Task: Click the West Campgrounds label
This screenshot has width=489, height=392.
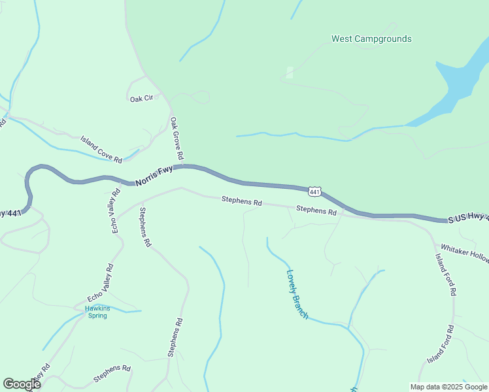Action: [x=371, y=39]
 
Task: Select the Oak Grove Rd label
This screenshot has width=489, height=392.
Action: [x=177, y=139]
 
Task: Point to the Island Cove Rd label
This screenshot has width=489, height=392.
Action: [x=101, y=150]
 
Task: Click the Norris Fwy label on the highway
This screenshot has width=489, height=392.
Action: [x=154, y=176]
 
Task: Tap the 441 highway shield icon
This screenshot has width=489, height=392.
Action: [x=314, y=191]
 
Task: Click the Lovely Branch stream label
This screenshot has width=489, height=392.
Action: [x=297, y=294]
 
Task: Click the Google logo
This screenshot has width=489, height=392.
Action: [x=22, y=384]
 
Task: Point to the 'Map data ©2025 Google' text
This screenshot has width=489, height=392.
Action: [x=449, y=387]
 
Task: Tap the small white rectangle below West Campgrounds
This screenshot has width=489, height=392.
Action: [x=290, y=72]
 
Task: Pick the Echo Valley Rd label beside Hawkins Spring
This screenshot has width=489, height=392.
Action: [x=101, y=282]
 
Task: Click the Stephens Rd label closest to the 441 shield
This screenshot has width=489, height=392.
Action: [x=316, y=210]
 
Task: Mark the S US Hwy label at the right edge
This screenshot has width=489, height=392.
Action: [x=467, y=219]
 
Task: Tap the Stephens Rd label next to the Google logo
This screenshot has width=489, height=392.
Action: [x=112, y=374]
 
